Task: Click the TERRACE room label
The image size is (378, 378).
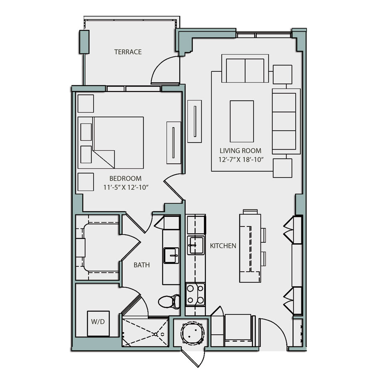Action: [x=128, y=52]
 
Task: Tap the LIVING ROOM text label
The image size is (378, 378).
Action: [x=241, y=151]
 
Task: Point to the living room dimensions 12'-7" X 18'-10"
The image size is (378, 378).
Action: [x=241, y=160]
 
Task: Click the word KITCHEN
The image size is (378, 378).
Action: [x=223, y=246]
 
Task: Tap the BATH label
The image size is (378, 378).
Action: [x=142, y=265]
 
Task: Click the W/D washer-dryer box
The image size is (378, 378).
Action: [x=98, y=323]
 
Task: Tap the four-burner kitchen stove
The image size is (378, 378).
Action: [x=195, y=294]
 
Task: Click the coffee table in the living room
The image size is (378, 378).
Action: [x=241, y=121]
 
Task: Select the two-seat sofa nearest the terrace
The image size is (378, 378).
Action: [x=245, y=69]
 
